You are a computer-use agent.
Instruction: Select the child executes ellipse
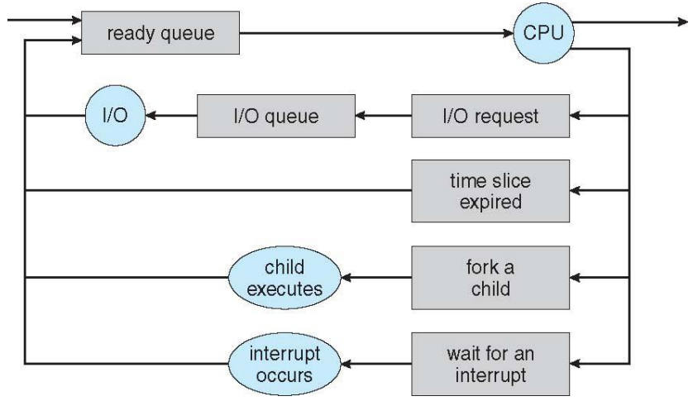coord(284,279)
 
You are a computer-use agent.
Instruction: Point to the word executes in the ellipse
coord(284,289)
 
